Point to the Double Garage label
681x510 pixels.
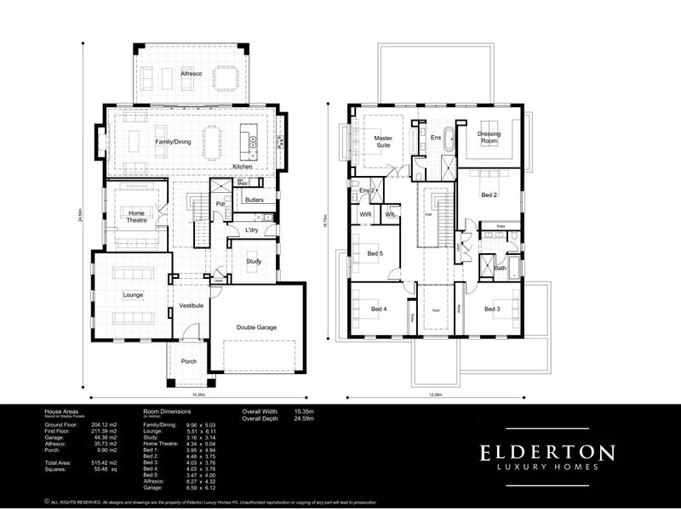256,327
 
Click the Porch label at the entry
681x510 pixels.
189,361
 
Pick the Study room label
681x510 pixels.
254,261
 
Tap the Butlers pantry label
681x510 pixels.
254,200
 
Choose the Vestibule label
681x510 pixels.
190,305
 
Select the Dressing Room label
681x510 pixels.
489,137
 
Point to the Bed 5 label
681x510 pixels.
375,254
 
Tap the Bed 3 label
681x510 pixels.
492,309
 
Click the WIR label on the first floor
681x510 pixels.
364,215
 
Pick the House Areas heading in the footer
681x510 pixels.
61,411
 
